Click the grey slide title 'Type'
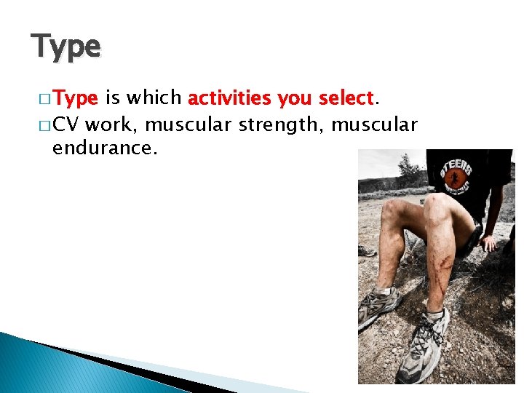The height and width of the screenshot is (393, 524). (65, 47)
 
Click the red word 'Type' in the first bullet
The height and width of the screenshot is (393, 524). (76, 98)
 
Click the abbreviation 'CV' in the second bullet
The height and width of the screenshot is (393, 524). (66, 124)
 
